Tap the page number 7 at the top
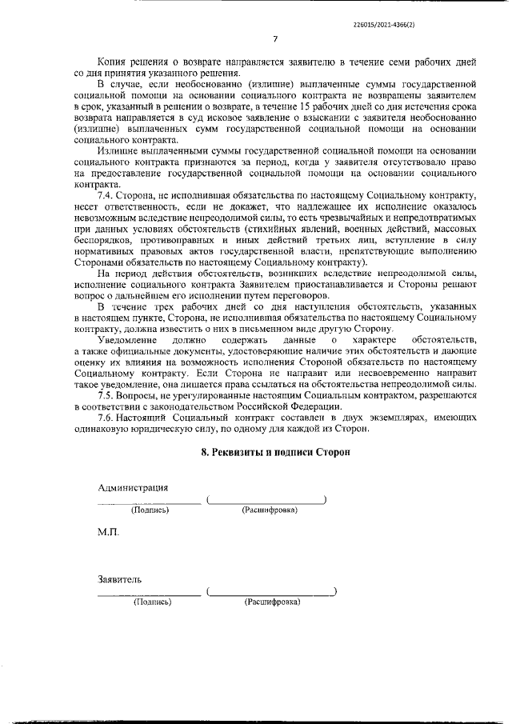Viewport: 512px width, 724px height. pos(275,38)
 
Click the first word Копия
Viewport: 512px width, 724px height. pos(114,62)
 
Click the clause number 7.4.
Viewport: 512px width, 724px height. pos(107,195)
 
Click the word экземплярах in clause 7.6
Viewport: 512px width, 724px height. pos(375,418)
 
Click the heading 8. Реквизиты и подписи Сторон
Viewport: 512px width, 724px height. pos(275,452)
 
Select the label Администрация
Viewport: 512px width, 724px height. pos(133,487)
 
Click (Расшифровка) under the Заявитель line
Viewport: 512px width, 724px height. pos(272,601)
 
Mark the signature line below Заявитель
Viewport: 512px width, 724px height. pos(149,594)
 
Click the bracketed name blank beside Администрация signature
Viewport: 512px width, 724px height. pos(266,501)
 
